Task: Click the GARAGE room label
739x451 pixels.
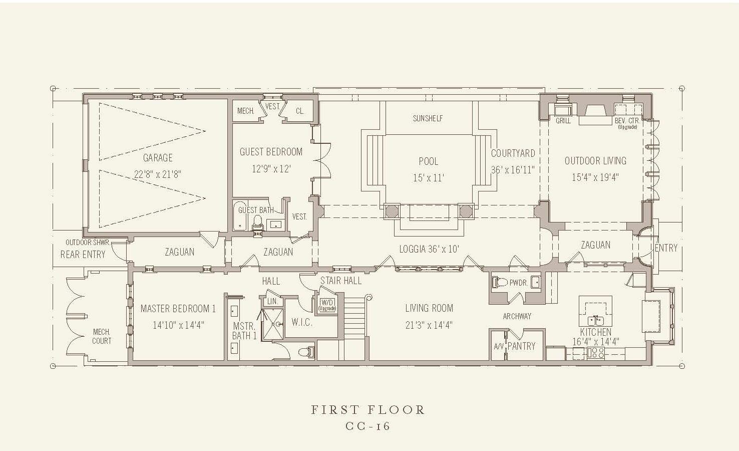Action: click(x=158, y=158)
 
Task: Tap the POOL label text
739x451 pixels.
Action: click(x=428, y=161)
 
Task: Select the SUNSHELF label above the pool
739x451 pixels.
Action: click(x=428, y=118)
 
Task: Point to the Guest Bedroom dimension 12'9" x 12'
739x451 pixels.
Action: click(x=271, y=169)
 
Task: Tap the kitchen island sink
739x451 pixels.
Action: click(x=596, y=321)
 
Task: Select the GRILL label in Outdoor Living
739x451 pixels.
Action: click(x=563, y=121)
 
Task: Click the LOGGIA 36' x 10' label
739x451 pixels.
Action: click(x=429, y=249)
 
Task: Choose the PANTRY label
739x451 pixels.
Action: click(x=521, y=346)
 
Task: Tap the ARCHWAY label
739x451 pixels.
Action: click(x=517, y=316)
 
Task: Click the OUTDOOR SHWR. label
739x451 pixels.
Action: click(x=88, y=243)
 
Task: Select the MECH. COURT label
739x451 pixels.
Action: click(x=101, y=336)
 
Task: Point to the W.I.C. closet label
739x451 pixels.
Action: click(x=302, y=322)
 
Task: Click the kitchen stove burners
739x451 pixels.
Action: click(x=596, y=353)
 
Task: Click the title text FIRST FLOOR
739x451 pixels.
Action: click(x=368, y=410)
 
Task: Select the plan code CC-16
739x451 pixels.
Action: click(x=368, y=426)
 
